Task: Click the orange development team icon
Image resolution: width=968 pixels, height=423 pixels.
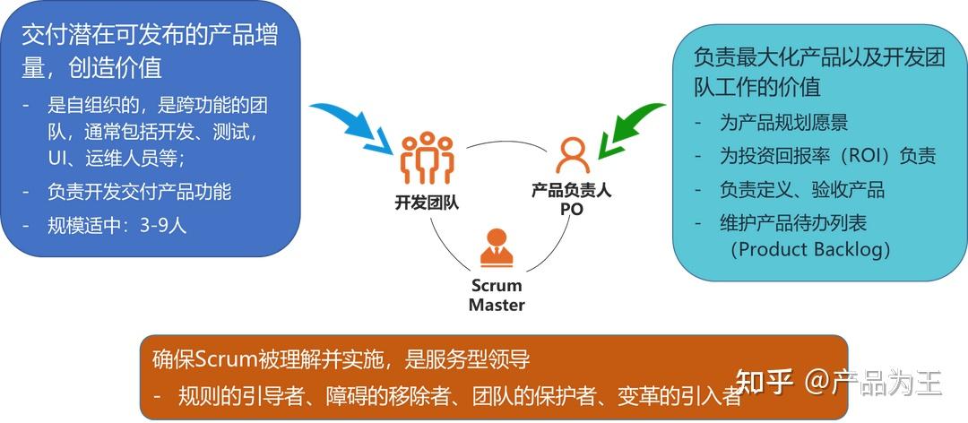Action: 427,159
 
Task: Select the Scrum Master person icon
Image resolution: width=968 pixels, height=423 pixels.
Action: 496,248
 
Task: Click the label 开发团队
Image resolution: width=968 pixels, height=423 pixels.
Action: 427,202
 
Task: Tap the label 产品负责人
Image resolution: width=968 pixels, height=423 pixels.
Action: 571,190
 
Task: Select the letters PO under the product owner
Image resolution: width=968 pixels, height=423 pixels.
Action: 571,209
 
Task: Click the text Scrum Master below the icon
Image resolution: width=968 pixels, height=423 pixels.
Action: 496,295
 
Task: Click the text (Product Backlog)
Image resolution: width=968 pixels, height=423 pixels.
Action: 811,249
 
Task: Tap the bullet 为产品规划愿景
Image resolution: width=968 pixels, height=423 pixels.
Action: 783,123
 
